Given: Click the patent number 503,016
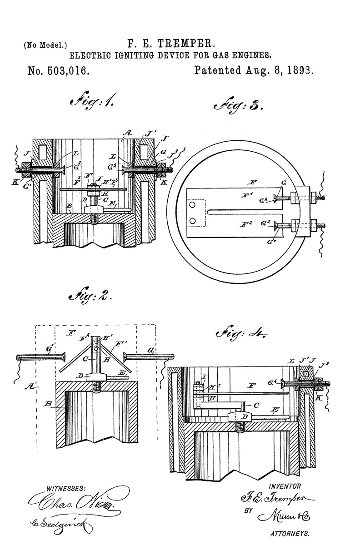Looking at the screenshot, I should click(58, 71).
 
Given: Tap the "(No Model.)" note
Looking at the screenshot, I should click(42, 45).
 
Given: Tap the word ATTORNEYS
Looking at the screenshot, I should click(290, 534).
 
